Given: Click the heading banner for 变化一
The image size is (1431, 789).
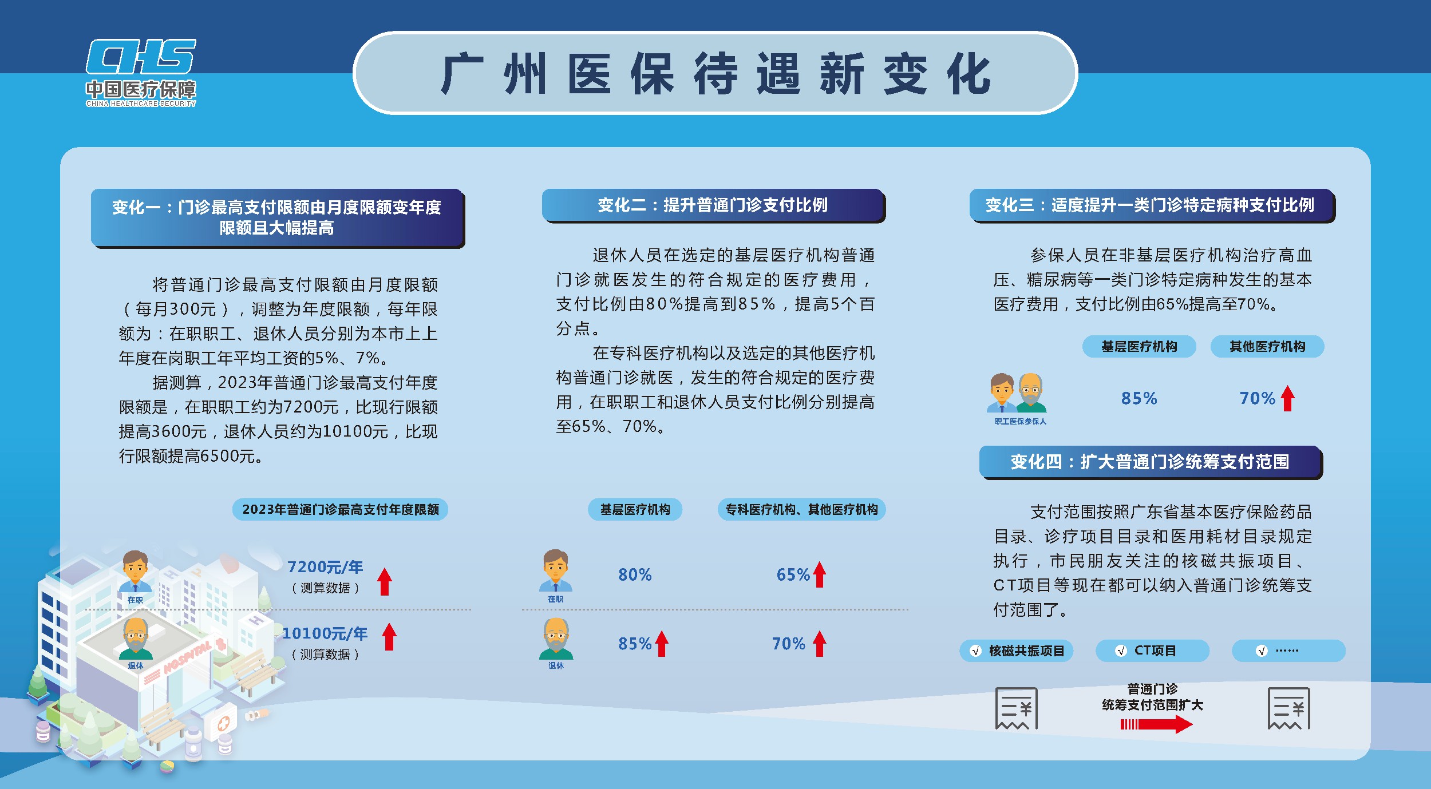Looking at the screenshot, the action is [278, 218].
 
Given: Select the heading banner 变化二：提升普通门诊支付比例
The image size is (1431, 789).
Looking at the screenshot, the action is [713, 205].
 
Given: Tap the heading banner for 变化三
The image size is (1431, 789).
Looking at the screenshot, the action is [1152, 205].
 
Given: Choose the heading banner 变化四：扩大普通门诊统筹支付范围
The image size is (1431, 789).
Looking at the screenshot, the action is [1151, 462].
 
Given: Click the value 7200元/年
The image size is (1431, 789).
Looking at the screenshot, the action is [325, 567].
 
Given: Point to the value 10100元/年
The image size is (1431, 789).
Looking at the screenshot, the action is [325, 633].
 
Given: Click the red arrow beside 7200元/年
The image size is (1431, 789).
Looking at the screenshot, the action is [385, 581].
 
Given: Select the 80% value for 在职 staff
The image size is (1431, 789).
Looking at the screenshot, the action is [635, 574].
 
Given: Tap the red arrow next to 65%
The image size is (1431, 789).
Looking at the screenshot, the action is [820, 574].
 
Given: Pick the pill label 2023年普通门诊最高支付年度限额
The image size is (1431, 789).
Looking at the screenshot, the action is [340, 509].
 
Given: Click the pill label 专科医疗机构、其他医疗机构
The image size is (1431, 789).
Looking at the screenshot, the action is [801, 509].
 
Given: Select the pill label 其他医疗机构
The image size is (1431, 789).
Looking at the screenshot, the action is [1267, 346].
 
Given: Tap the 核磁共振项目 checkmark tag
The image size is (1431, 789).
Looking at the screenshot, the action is [1017, 651].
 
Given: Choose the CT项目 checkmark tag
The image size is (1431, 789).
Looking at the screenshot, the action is [1152, 651].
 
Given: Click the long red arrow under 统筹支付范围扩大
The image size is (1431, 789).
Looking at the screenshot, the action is [1156, 724].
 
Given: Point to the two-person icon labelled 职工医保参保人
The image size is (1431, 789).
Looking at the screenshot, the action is [1017, 393].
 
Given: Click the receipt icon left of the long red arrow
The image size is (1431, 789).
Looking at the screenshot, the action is [1017, 708].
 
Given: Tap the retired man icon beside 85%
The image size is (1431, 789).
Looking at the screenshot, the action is [556, 639].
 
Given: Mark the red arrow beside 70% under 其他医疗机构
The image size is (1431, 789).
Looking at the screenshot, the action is [1288, 398].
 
